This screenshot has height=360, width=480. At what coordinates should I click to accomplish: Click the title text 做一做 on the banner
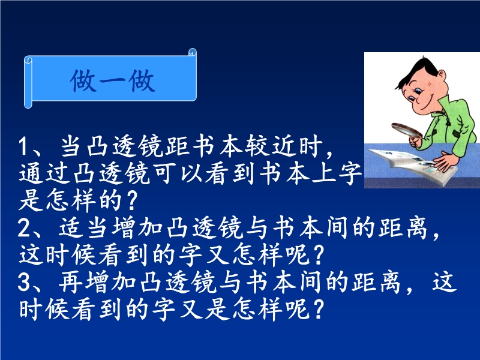pyautogui.click(x=112, y=81)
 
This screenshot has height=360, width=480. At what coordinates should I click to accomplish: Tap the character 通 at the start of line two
pyautogui.click(x=31, y=173)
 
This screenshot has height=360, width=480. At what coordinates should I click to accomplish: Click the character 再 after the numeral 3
pyautogui.click(x=71, y=281)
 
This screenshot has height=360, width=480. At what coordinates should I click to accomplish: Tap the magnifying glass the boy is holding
pyautogui.click(x=407, y=130)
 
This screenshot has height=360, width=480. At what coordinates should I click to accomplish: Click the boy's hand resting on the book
pyautogui.click(x=447, y=161)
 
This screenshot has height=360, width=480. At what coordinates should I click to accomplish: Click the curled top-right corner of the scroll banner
pyautogui.click(x=192, y=52)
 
